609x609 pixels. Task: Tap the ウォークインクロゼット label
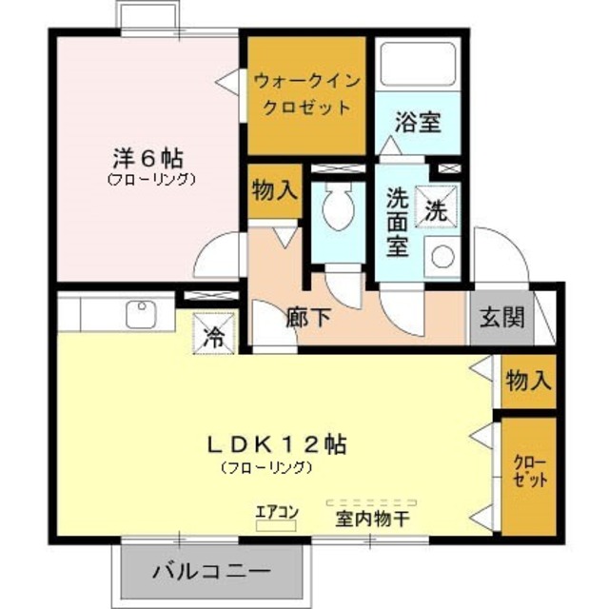click(305, 94)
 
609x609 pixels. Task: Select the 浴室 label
click(418, 124)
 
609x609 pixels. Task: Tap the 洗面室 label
click(397, 222)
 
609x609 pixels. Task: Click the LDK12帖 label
click(277, 443)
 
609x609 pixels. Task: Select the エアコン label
click(277, 512)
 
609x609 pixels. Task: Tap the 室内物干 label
click(372, 520)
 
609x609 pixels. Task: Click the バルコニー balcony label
click(212, 573)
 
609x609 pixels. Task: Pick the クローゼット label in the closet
click(530, 472)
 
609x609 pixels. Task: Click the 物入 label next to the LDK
click(528, 382)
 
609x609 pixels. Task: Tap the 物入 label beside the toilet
click(274, 190)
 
